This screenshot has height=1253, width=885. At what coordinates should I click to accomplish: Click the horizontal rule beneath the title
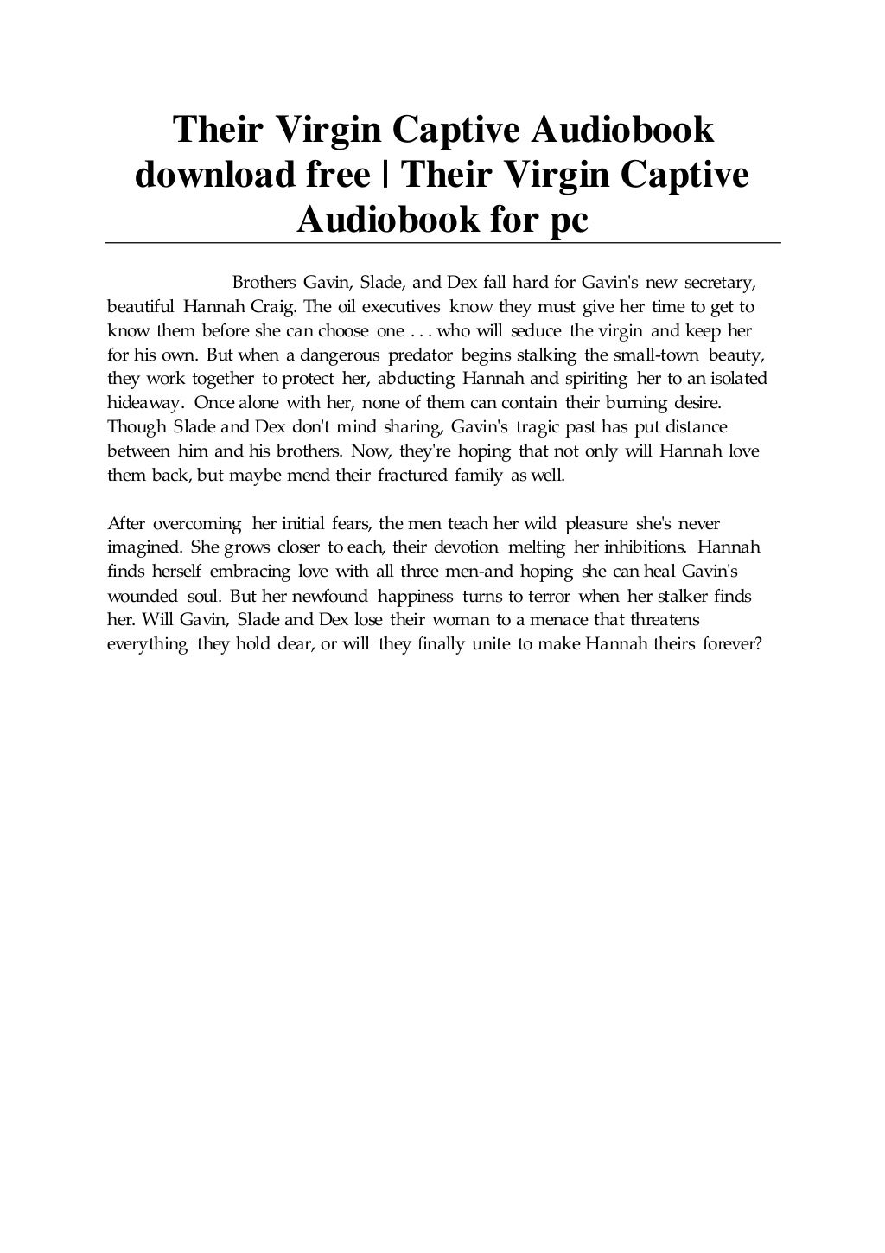coord(442,243)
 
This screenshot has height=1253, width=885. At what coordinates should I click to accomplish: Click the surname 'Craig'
coord(276,307)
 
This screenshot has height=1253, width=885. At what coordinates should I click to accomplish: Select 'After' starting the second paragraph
coord(125,523)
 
